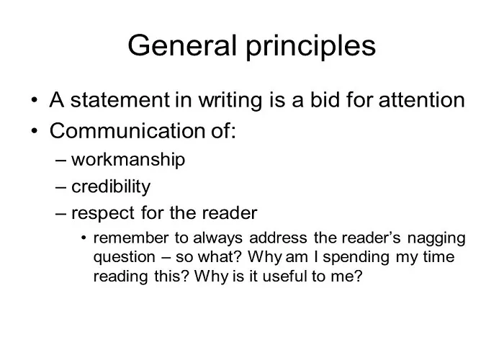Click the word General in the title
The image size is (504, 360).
[182, 45]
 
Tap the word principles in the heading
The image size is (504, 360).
[311, 48]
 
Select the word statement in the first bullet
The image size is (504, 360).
[120, 100]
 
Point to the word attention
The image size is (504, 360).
[422, 100]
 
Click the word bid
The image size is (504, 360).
[324, 100]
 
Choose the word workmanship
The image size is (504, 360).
[128, 160]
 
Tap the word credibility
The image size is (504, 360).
[111, 186]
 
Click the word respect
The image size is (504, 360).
[103, 214]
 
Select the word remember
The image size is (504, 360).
[131, 238]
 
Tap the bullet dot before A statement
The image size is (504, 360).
[35, 100]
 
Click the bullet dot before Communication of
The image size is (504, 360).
[35, 131]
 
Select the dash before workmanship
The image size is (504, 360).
[60, 160]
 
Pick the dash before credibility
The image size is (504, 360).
[60, 187]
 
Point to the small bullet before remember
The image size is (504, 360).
[84, 238]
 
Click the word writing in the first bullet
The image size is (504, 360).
[230, 101]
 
